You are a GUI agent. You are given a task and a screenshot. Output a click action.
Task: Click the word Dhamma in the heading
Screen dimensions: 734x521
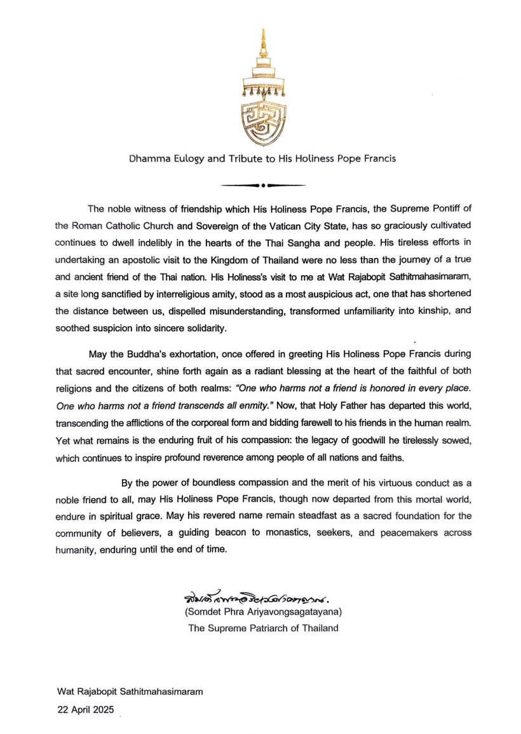(x=146, y=158)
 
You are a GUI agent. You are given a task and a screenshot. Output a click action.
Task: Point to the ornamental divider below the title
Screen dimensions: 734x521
(x=262, y=186)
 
